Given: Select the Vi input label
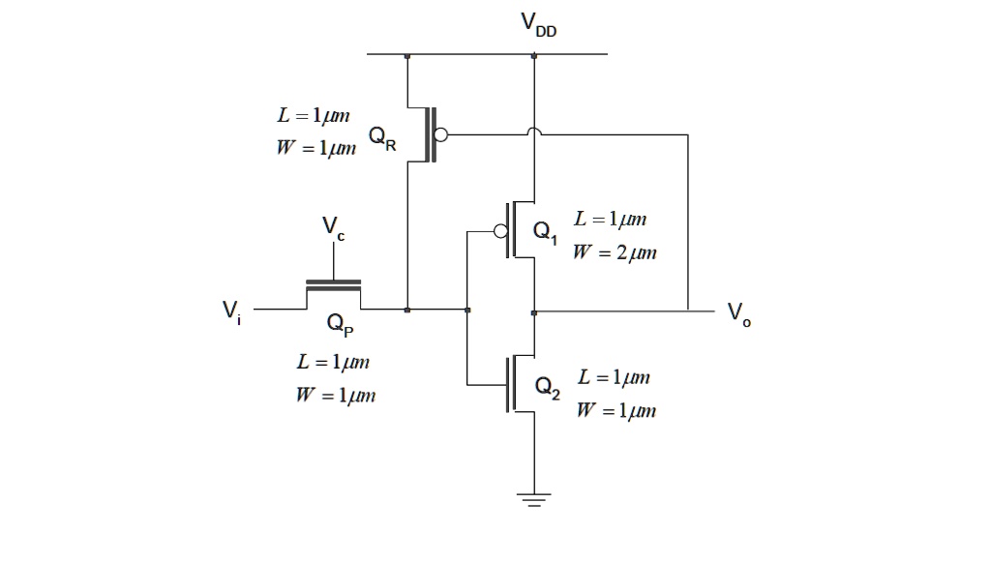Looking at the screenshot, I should coord(232,311).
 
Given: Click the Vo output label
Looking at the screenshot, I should coord(739,313).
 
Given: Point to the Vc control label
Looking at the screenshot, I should coord(332,229).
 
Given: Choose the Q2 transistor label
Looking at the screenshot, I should coord(547,389).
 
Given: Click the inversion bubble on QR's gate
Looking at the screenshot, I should coord(441,135).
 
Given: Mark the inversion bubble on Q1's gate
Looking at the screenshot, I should coord(499,232).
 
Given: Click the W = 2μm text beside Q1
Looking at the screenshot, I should coord(615,253).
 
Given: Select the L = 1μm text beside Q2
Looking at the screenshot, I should coord(614,377).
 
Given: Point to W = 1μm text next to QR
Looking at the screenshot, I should coord(315,150).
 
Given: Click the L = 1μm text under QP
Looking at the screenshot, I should coord(333,363).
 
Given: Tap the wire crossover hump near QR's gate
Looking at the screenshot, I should coord(533,133).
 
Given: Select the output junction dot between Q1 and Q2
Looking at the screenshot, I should coord(534,311).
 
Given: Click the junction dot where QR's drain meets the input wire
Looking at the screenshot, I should coord(407,311).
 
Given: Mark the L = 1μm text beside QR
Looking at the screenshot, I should coord(313,116).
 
